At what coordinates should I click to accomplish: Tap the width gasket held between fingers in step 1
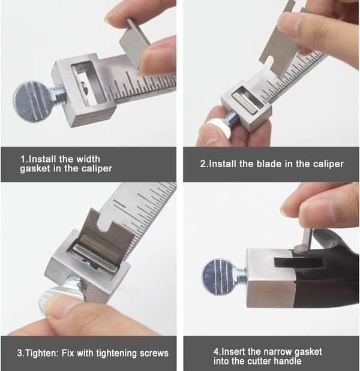point(134,45)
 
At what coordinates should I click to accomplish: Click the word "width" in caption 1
point(88,159)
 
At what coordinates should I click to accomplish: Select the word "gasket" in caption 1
point(35,169)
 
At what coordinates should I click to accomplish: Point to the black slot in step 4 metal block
point(299,263)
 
